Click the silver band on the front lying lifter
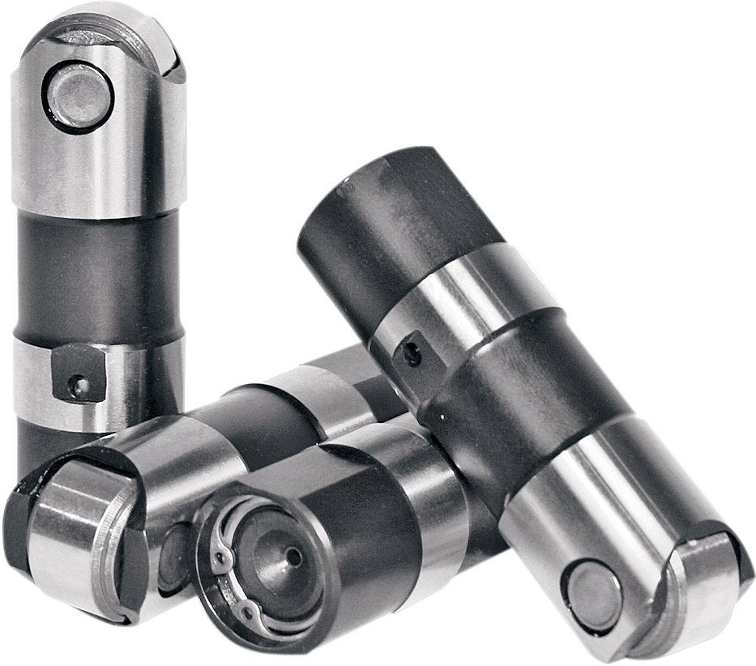point(425,486)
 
